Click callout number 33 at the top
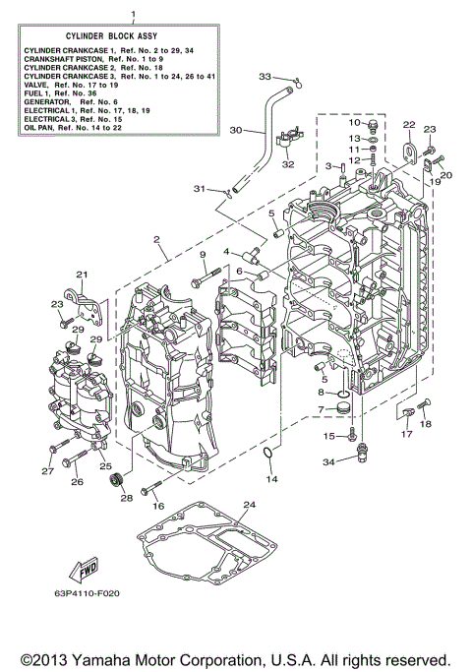click(x=265, y=76)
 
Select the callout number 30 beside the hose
click(x=235, y=130)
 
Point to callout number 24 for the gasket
click(x=249, y=506)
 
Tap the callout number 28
click(x=126, y=499)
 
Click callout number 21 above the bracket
click(x=83, y=275)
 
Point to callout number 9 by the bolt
click(x=203, y=256)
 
